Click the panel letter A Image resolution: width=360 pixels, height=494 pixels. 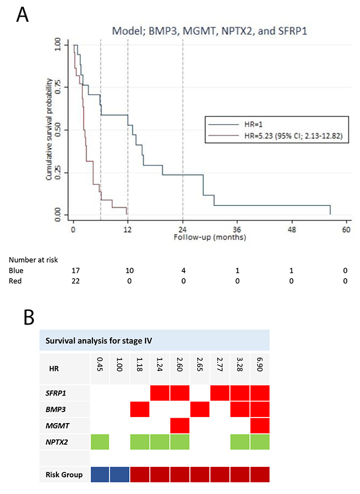pos(23,15)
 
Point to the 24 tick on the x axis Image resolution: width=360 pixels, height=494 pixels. pos(183,230)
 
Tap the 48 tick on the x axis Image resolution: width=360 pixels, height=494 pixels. pos(292,230)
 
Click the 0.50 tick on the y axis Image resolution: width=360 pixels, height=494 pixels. pos(58,130)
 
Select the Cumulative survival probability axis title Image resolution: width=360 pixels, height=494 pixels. pos(49,130)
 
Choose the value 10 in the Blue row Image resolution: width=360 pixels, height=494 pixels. pos(130,270)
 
